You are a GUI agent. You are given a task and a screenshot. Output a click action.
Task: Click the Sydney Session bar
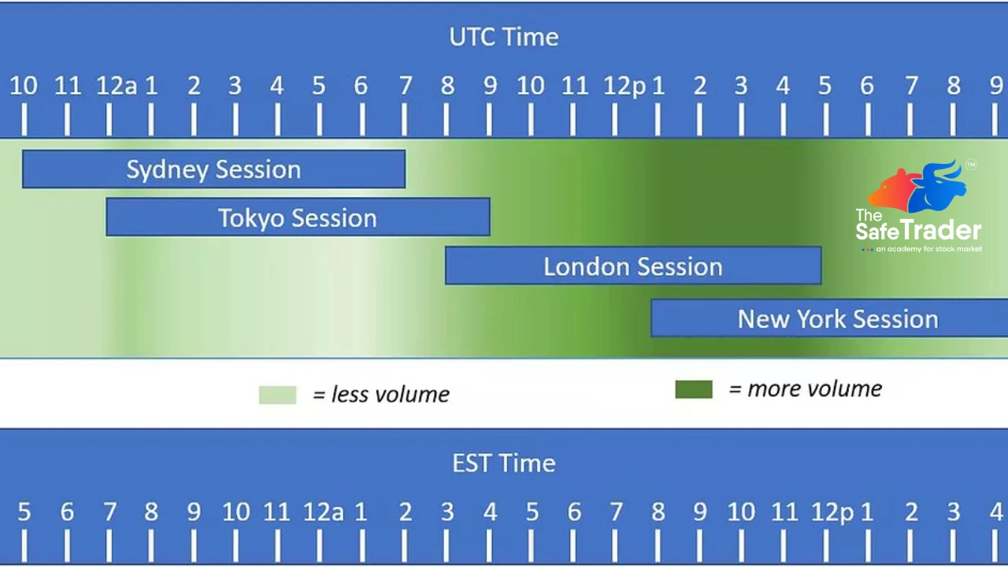(x=213, y=169)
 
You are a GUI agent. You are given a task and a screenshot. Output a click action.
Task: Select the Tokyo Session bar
(x=298, y=217)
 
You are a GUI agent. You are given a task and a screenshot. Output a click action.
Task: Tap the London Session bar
(x=633, y=266)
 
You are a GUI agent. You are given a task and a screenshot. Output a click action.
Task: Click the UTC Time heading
(x=504, y=37)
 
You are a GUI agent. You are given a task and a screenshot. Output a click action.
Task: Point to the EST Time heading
(x=504, y=463)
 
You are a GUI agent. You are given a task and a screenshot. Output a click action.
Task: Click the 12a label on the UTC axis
(x=116, y=86)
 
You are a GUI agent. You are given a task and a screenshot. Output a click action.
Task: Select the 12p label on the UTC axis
(x=624, y=86)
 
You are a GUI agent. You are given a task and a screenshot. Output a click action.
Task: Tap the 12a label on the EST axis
(x=324, y=513)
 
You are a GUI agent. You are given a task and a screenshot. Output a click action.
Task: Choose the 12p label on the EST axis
(x=832, y=513)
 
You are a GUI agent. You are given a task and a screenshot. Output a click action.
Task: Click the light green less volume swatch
(x=277, y=395)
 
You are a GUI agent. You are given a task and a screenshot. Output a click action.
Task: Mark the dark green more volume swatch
(x=694, y=389)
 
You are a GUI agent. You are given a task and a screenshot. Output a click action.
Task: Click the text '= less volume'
(x=381, y=395)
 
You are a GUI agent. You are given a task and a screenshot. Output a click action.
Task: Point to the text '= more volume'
(x=805, y=389)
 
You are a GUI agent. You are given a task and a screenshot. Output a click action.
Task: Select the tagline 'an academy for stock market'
(x=929, y=250)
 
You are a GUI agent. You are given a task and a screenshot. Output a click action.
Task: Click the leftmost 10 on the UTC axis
(x=24, y=86)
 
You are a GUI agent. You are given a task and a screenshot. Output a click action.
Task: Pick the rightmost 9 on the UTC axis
(x=996, y=86)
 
